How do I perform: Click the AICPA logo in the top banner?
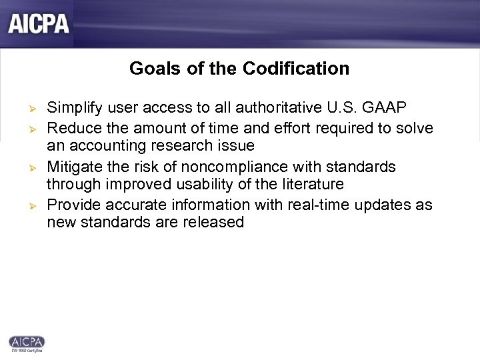click(x=39, y=24)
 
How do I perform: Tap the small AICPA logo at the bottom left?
click(x=27, y=343)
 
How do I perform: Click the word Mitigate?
click(x=74, y=166)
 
